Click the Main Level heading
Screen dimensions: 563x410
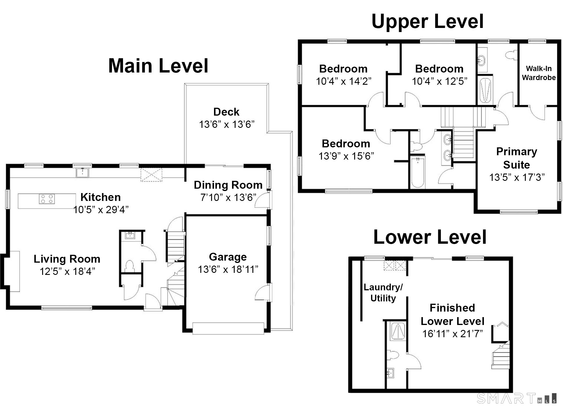(x=158, y=66)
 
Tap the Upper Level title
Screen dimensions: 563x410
(x=427, y=21)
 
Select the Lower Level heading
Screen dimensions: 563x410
(x=430, y=237)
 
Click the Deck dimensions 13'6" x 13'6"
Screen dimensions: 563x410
(x=227, y=124)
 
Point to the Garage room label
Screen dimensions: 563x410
(x=228, y=257)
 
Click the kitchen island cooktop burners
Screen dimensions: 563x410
(x=47, y=199)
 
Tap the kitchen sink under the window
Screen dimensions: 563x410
(x=82, y=173)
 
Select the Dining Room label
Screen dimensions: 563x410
(x=228, y=185)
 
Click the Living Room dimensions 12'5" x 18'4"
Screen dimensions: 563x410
(x=67, y=271)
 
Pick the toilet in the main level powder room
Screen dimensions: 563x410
(x=129, y=266)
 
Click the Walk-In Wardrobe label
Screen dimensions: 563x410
(x=539, y=73)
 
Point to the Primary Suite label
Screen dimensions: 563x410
(x=516, y=158)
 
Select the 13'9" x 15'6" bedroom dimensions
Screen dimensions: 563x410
(x=346, y=156)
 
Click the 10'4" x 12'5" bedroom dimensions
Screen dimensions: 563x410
(x=439, y=81)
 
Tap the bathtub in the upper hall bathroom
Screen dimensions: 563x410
(x=418, y=172)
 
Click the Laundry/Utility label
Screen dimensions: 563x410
(x=383, y=293)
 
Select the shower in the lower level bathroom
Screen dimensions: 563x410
(x=398, y=331)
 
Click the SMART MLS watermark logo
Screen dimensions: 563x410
(x=517, y=398)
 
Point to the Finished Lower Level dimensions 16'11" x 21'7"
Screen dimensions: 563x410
(x=452, y=333)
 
